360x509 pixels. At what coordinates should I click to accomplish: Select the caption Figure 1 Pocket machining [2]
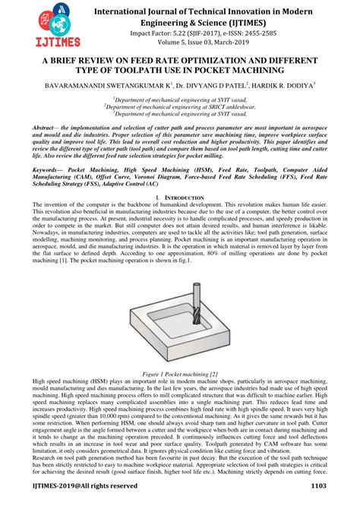[x=180, y=375]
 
